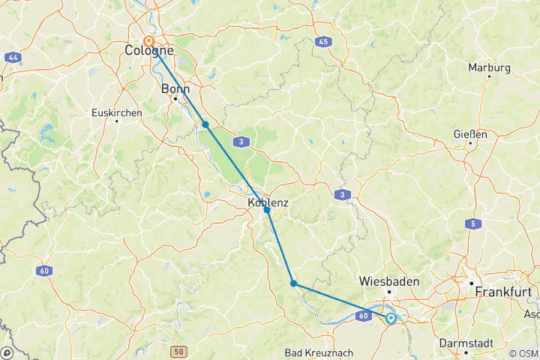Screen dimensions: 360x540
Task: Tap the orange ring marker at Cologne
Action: pyautogui.click(x=148, y=42)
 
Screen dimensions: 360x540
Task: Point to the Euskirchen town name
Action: pyautogui.click(x=115, y=112)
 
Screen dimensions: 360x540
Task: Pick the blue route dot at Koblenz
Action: pyautogui.click(x=267, y=211)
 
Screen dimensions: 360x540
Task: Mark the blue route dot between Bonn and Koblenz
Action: pyautogui.click(x=205, y=124)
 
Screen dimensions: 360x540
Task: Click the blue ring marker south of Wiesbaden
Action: pyautogui.click(x=391, y=319)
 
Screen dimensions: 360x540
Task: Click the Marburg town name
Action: pyautogui.click(x=489, y=67)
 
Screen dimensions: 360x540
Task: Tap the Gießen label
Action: pyautogui.click(x=470, y=134)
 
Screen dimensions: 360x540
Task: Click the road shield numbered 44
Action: pyautogui.click(x=12, y=57)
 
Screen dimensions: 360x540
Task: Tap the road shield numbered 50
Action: pyautogui.click(x=178, y=351)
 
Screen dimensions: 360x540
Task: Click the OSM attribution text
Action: pyautogui.click(x=522, y=353)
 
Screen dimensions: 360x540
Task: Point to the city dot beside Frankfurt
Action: pyautogui.click(x=472, y=284)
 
